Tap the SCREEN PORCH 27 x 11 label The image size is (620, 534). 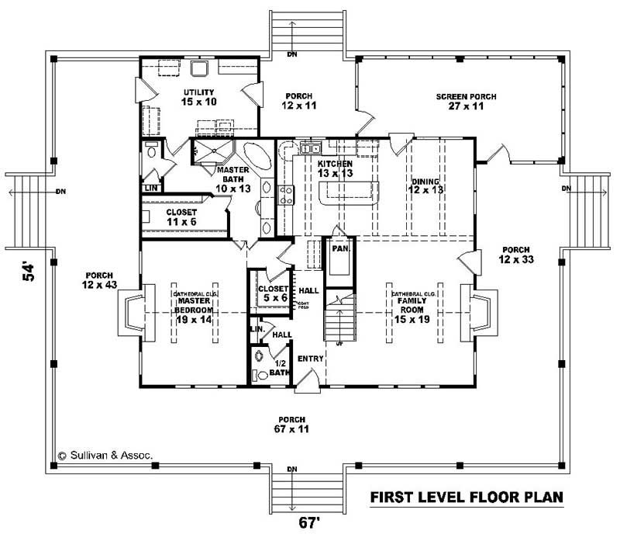tap(466, 102)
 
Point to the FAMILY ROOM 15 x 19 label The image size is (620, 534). tap(411, 306)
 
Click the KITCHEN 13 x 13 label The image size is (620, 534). tap(336, 169)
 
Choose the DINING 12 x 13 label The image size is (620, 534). tap(425, 186)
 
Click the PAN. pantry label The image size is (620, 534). tap(339, 250)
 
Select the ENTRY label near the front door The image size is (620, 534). tap(310, 359)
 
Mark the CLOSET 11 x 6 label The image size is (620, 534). tap(181, 217)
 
